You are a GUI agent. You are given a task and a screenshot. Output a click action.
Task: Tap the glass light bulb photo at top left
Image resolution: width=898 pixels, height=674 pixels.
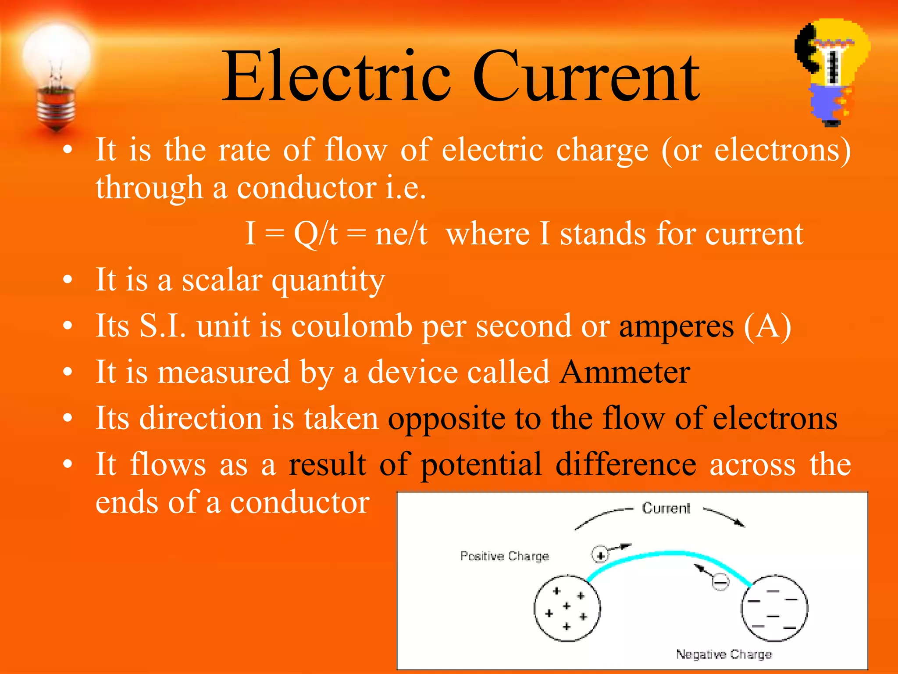pos(56,75)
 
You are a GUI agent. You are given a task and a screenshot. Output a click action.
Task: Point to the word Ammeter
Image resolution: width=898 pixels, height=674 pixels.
pos(625,373)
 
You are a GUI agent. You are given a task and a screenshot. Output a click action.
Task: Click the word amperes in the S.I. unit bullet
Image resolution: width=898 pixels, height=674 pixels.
pos(676,327)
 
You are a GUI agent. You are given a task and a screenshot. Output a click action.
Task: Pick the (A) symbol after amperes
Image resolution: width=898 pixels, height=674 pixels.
pos(767,327)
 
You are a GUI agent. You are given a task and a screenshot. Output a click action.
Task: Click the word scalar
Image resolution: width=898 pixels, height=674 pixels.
pos(222,280)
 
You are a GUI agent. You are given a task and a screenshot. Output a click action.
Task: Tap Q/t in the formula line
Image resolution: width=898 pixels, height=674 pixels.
pos(316,234)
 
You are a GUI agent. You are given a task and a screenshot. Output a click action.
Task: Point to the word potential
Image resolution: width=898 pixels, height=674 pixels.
pos(481,466)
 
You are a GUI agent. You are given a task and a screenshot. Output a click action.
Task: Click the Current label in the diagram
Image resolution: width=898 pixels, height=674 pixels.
pos(666,508)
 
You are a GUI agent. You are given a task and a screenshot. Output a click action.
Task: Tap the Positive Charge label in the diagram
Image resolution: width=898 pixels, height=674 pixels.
pos(504,556)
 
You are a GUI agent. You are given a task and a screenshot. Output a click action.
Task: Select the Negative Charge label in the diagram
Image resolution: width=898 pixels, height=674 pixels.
pos(723,654)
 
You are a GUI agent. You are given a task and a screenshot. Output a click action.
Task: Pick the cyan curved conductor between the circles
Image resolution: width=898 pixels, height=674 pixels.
pos(671,554)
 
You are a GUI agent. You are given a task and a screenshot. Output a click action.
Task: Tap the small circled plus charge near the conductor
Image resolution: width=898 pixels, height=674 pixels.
pos(600,555)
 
